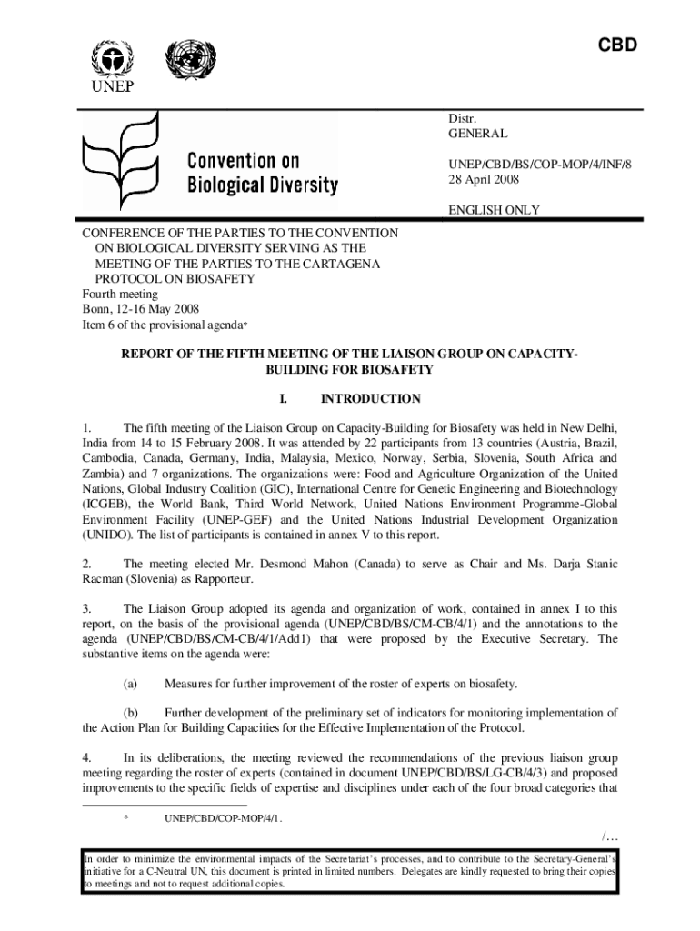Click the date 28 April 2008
pyautogui.click(x=484, y=177)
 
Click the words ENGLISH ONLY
pyautogui.click(x=494, y=210)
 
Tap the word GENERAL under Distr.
pyautogui.click(x=477, y=133)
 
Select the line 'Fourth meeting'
pyautogui.click(x=120, y=294)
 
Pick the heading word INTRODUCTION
pyautogui.click(x=370, y=398)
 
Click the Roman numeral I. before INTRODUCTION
pyautogui.click(x=283, y=398)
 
